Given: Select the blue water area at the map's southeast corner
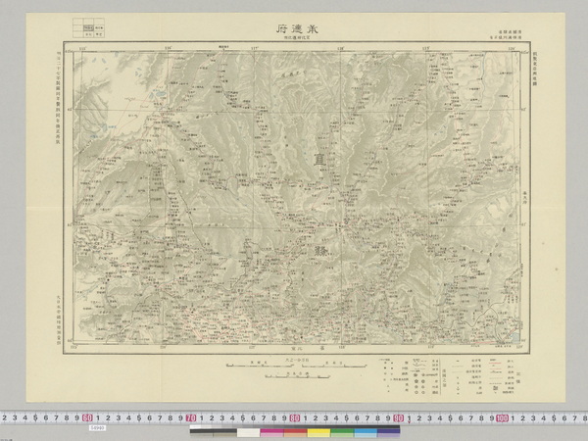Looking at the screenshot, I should click(x=506, y=342).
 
